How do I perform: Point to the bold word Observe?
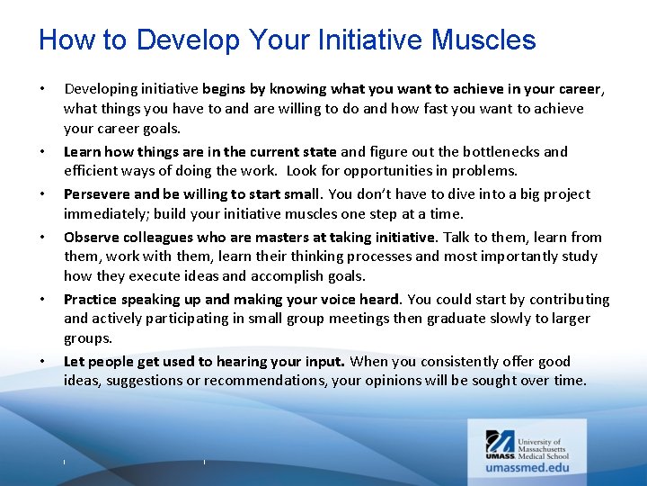pyautogui.click(x=91, y=237)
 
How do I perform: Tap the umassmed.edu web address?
pyautogui.click(x=527, y=468)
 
